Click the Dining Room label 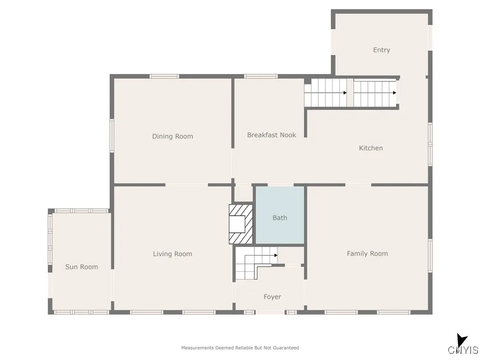coord(172,136)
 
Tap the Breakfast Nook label coord(271,135)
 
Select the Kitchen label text coord(371,148)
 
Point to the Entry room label coord(381,50)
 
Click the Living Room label coord(172,254)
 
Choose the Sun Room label coord(82,267)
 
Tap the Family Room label coord(367,254)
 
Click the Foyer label coord(272,297)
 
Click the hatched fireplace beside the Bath coord(240,224)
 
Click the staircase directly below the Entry coord(375,93)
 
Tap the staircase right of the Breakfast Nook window coord(325,93)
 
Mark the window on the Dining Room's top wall coord(164,76)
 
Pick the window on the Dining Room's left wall coord(112,135)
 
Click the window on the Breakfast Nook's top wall coord(261,76)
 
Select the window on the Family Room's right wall coord(430,256)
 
